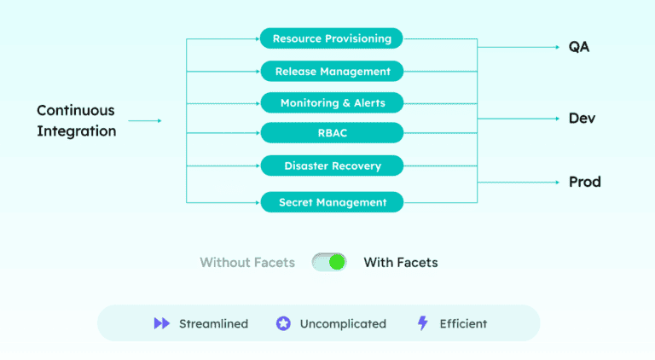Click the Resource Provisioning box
pyautogui.click(x=332, y=38)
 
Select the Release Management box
pyautogui.click(x=332, y=71)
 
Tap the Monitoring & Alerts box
pyautogui.click(x=332, y=103)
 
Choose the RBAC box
pyautogui.click(x=332, y=133)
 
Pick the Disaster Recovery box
pyautogui.click(x=332, y=165)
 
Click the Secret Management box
pyautogui.click(x=332, y=202)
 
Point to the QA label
pyautogui.click(x=579, y=46)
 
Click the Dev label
pyautogui.click(x=582, y=118)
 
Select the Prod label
pyautogui.click(x=584, y=182)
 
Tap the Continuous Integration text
pyautogui.click(x=76, y=120)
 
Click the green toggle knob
pyautogui.click(x=337, y=262)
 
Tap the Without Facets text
pyautogui.click(x=247, y=263)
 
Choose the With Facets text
pyautogui.click(x=401, y=263)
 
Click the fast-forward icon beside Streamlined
pyautogui.click(x=161, y=323)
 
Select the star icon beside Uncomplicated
pyautogui.click(x=283, y=323)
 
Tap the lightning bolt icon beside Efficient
pyautogui.click(x=422, y=323)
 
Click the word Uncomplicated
pyautogui.click(x=343, y=324)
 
